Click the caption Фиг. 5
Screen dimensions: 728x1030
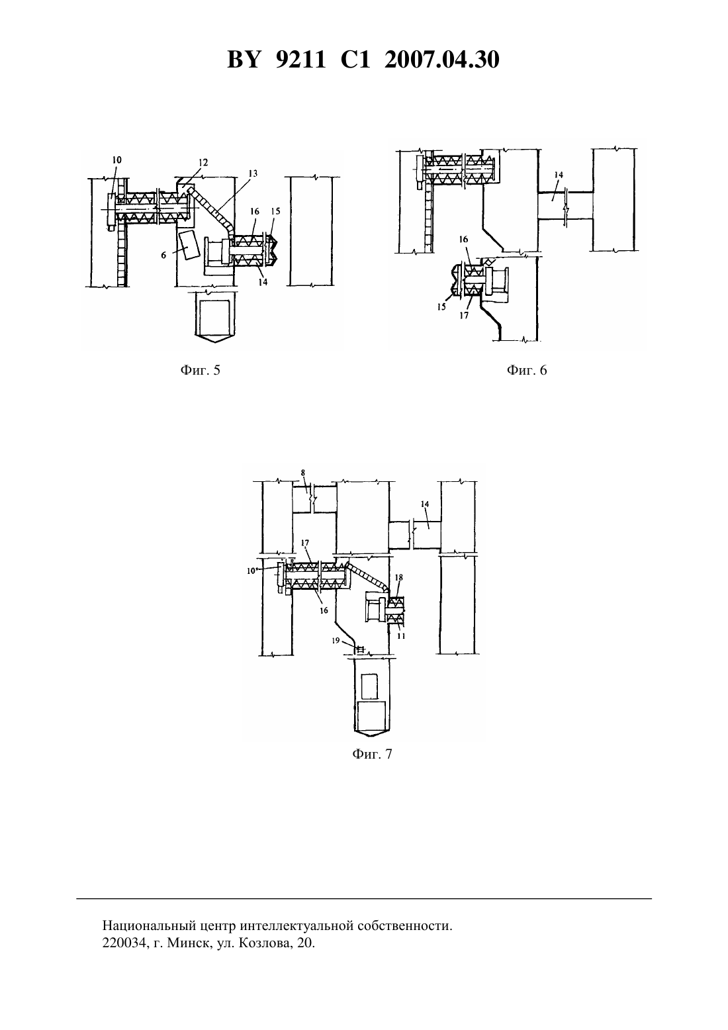tap(200, 370)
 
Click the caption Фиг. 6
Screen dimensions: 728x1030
tap(527, 370)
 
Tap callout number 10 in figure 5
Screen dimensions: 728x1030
tap(116, 160)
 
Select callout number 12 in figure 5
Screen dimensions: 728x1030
tap(203, 162)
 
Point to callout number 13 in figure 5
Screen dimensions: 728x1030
tap(252, 173)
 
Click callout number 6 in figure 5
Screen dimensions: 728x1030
tap(163, 256)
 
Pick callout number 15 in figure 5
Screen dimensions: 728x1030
tap(275, 211)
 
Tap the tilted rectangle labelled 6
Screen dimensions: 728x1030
tap(188, 246)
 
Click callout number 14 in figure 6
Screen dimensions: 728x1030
tap(559, 175)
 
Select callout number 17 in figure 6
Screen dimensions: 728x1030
tap(464, 316)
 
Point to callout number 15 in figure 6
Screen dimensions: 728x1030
tap(441, 307)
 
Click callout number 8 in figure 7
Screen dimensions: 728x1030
tap(303, 472)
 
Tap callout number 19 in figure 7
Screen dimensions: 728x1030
tap(336, 640)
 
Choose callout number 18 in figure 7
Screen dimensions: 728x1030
tap(398, 577)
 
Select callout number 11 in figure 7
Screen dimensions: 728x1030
tap(401, 636)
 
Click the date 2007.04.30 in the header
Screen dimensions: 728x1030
tap(441, 60)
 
